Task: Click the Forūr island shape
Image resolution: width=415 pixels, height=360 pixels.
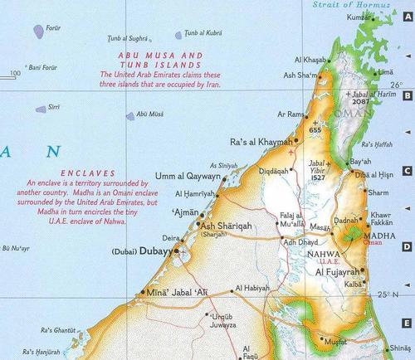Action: point(38,32)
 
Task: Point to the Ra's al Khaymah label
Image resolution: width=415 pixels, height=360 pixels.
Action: point(261,142)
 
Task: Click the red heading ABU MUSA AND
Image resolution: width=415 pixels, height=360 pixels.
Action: point(162,55)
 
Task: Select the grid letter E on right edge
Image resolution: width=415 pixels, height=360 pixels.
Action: point(408,324)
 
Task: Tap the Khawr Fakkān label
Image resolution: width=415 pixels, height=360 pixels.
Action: point(381,220)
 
